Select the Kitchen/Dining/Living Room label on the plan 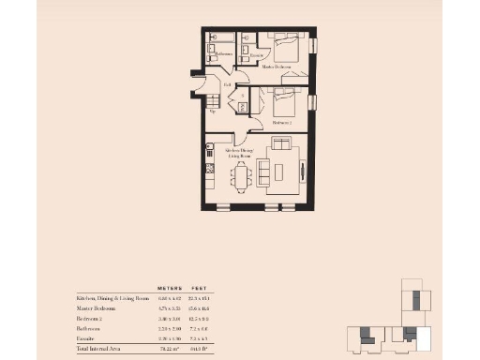point(241,153)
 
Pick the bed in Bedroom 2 point(281,100)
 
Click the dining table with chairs point(242,175)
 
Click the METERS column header point(169,288)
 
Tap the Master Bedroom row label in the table point(97,308)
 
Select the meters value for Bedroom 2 point(169,319)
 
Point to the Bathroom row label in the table point(91,328)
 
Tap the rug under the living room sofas point(280,170)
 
